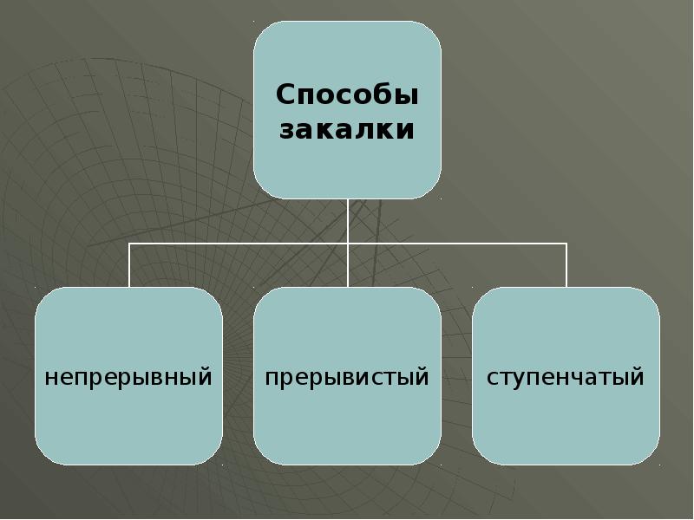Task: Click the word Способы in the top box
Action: (347, 94)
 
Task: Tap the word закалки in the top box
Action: (347, 130)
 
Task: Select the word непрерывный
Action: (128, 379)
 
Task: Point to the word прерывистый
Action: (347, 379)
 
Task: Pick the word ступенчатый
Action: (566, 379)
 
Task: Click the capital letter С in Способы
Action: (287, 94)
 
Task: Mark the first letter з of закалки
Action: (288, 131)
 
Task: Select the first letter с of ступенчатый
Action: (493, 379)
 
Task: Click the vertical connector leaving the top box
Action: (347, 221)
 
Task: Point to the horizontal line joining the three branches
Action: (239, 244)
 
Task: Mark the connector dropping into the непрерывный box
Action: (129, 265)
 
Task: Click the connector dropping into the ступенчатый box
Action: (566, 265)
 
